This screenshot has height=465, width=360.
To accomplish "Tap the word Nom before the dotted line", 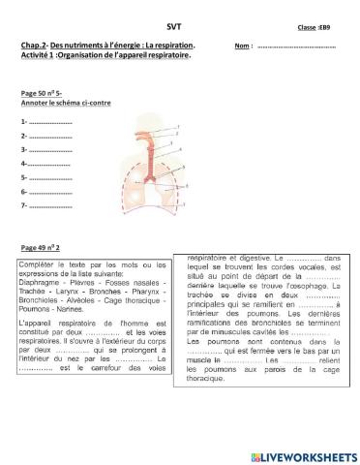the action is pyautogui.click(x=242, y=46).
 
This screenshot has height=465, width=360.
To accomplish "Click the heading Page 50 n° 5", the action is pyautogui.click(x=41, y=93).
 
